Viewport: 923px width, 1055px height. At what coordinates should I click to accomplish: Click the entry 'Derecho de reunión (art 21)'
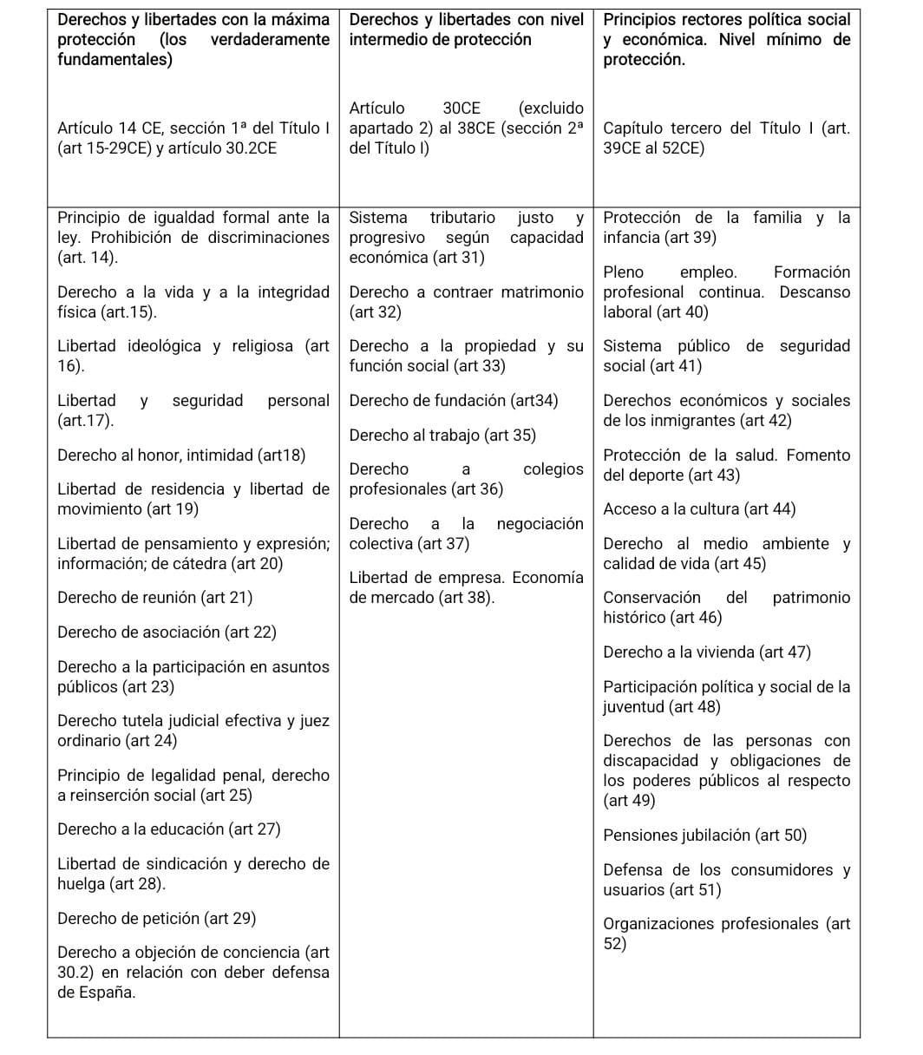click(155, 598)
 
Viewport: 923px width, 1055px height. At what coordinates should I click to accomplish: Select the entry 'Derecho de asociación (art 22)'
click(167, 632)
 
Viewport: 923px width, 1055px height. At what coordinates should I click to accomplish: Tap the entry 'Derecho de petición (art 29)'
click(156, 919)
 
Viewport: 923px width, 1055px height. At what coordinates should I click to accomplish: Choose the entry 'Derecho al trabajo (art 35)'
click(442, 436)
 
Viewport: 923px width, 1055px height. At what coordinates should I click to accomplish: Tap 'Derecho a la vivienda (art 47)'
click(707, 652)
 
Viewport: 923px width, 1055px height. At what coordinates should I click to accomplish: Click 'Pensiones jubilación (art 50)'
click(704, 835)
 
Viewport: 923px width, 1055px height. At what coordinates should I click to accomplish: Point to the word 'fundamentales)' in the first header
click(115, 60)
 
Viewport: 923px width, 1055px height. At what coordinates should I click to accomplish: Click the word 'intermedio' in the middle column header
click(388, 40)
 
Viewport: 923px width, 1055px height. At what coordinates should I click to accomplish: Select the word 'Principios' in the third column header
click(643, 19)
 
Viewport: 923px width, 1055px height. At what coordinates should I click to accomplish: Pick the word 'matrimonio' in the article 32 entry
click(542, 292)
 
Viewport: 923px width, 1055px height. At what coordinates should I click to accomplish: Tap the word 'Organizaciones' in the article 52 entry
click(661, 924)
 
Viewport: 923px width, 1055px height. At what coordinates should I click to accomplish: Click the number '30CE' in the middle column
click(461, 108)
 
